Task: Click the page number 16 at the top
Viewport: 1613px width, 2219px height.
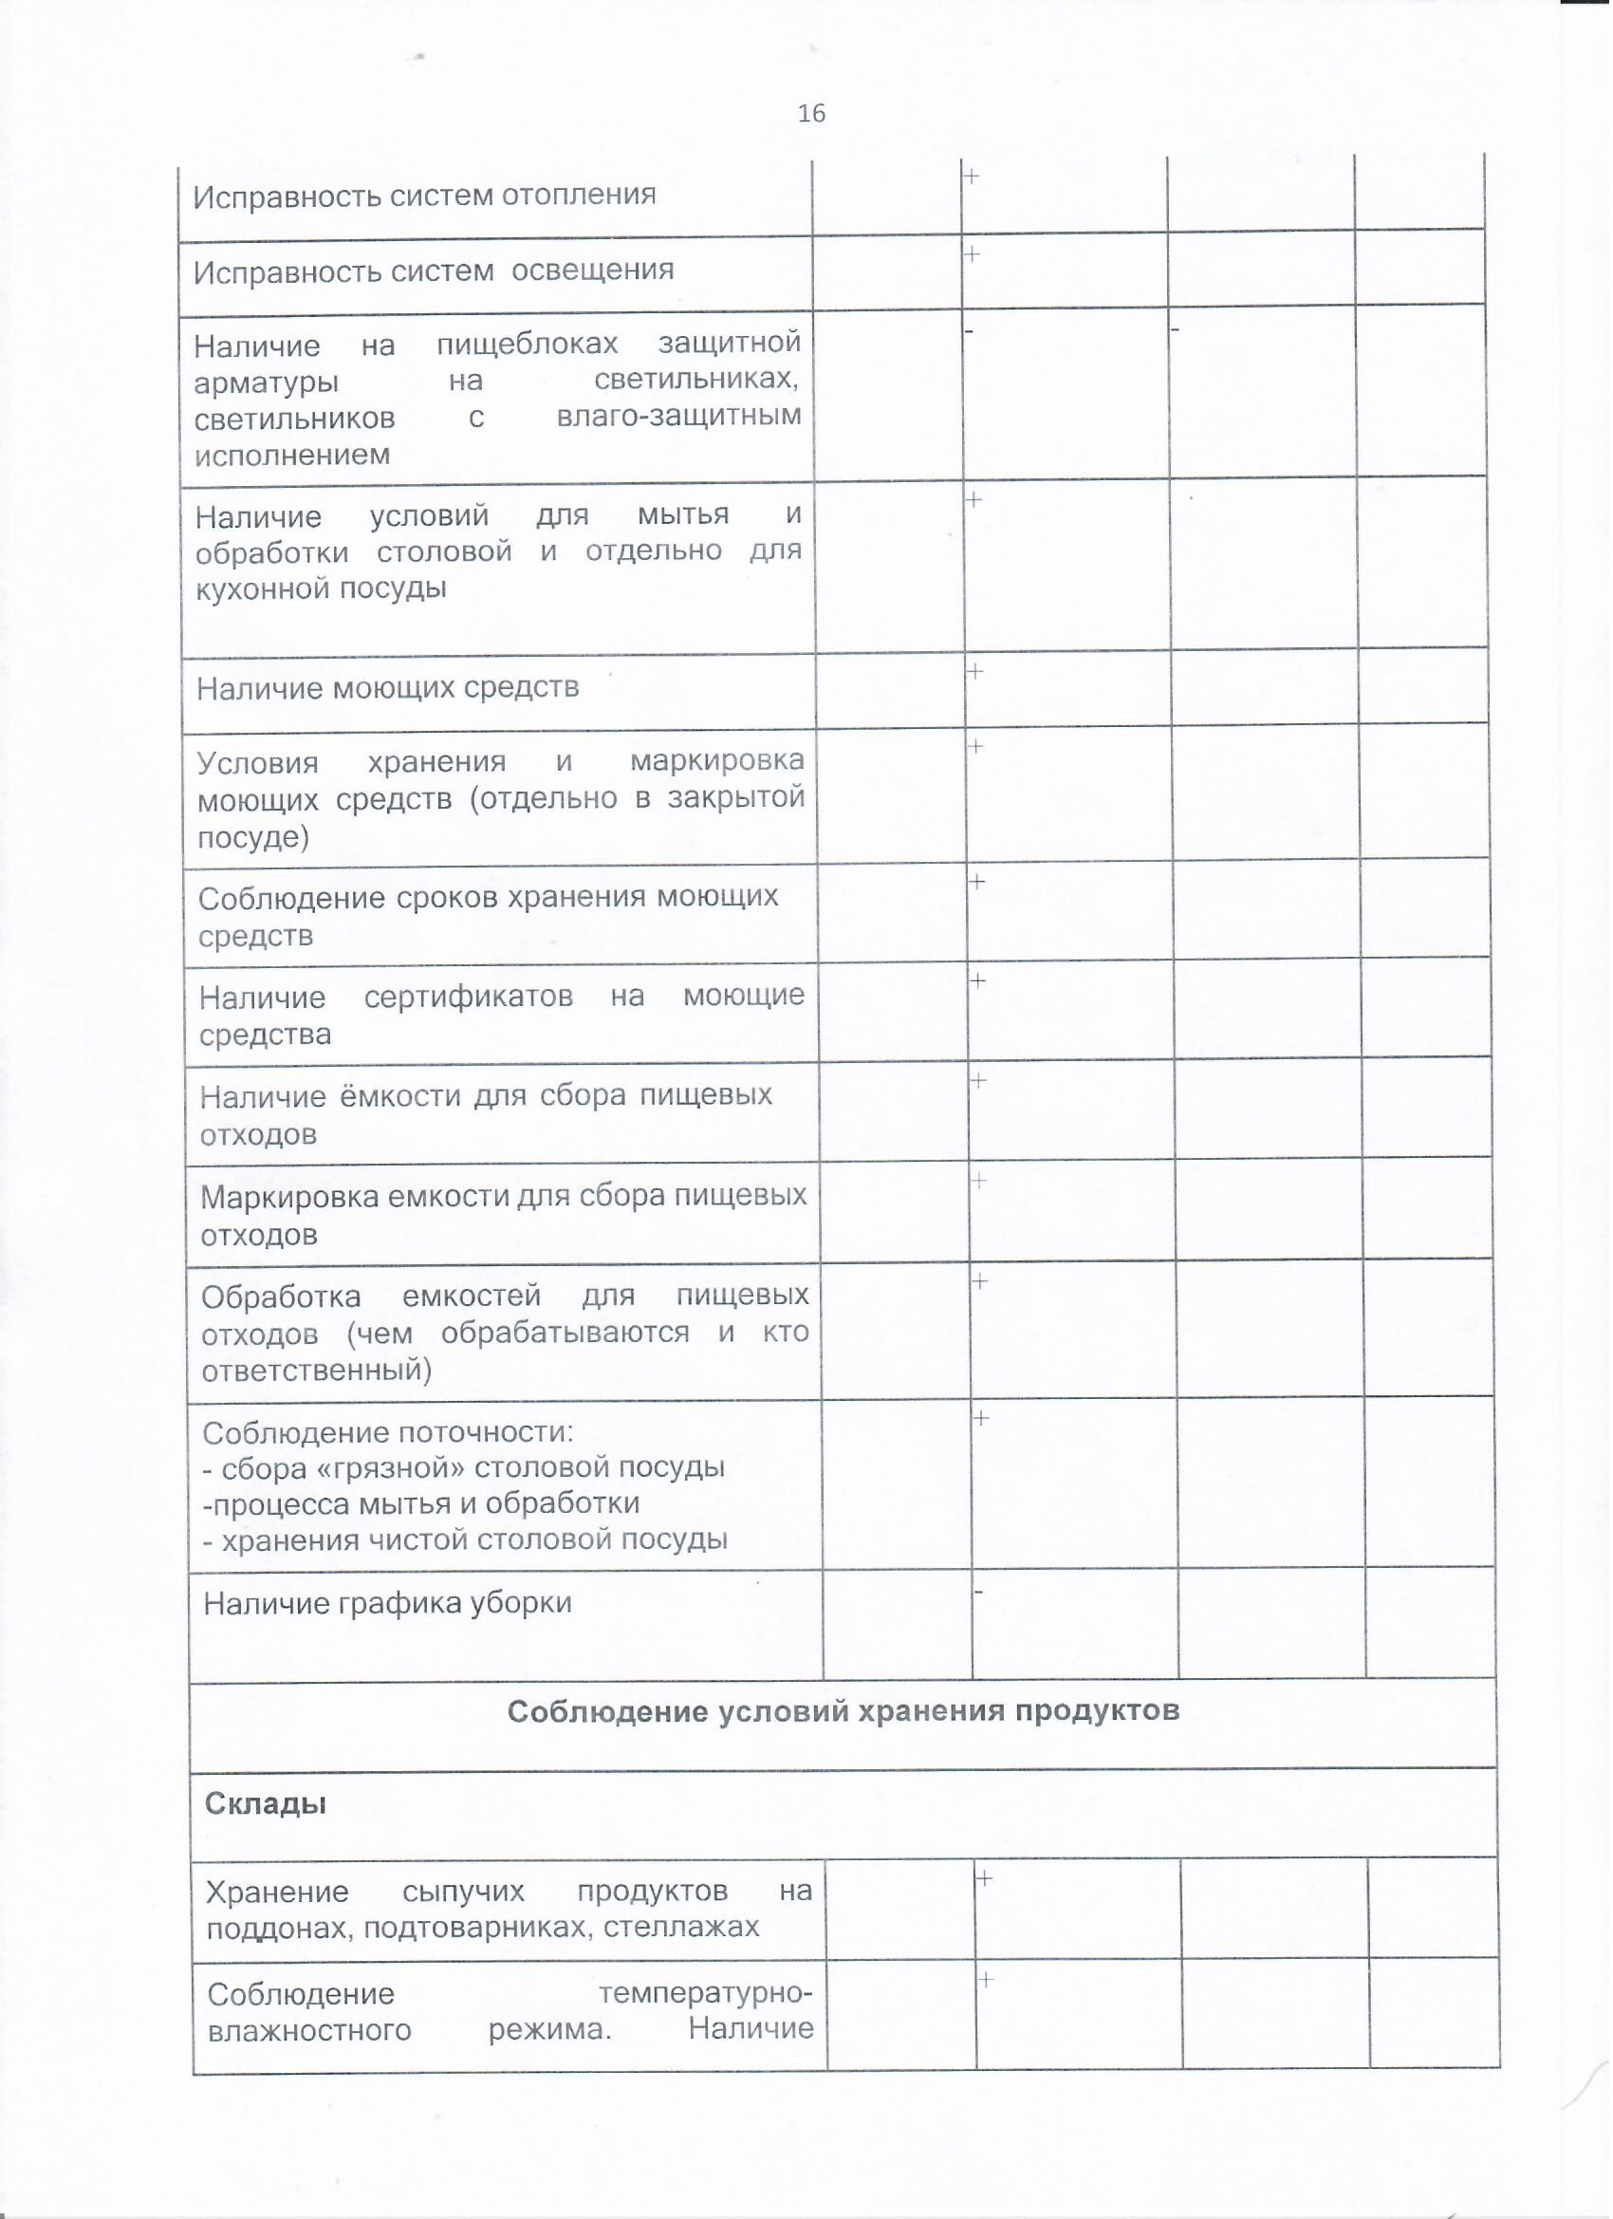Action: point(812,114)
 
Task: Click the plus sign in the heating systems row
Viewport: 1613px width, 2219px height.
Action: point(973,177)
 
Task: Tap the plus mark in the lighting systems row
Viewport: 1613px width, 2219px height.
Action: point(974,253)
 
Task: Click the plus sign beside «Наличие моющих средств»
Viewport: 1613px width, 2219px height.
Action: point(976,671)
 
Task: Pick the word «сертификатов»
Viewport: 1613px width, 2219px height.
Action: point(469,997)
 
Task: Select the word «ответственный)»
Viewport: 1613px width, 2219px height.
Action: point(317,1371)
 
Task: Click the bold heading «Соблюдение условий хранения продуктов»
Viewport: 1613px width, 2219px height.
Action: point(844,1711)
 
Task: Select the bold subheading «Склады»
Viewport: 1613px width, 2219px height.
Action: point(265,1804)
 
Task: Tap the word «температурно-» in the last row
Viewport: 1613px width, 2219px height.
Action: point(706,1993)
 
